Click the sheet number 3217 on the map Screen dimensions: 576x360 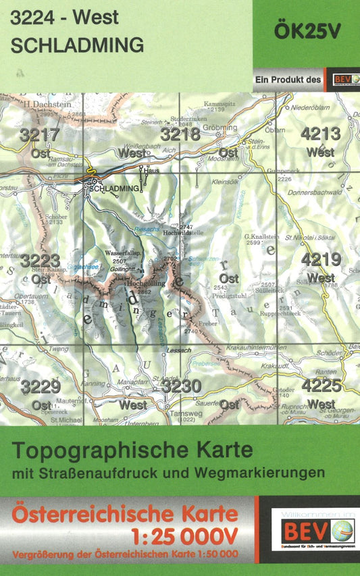(x=40, y=135)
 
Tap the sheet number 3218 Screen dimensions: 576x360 (x=180, y=135)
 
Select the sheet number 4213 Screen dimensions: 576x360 (x=321, y=134)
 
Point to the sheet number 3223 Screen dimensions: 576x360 (x=40, y=261)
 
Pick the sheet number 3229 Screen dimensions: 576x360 (x=40, y=387)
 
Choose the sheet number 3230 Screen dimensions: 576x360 (x=181, y=386)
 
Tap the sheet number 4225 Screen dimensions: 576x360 (x=321, y=386)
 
